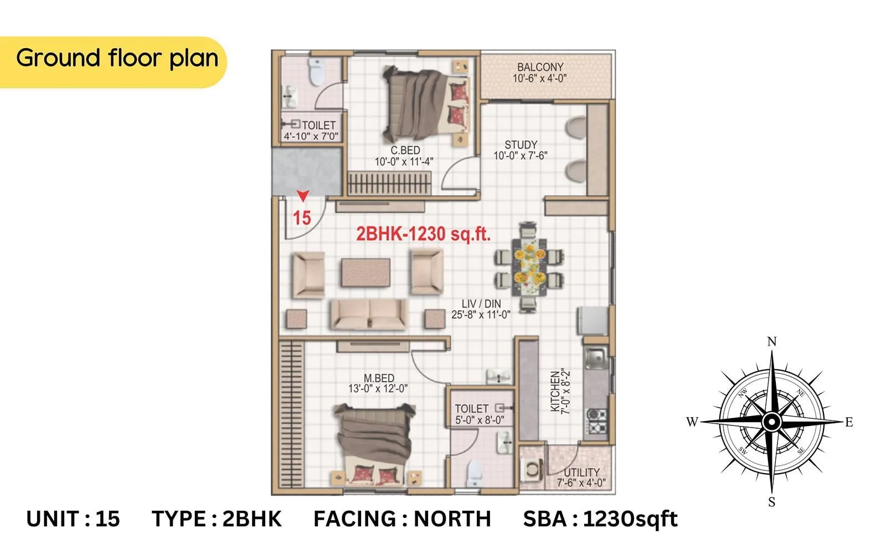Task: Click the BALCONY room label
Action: point(540,66)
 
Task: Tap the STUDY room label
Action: point(521,145)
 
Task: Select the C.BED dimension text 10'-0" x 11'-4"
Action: point(404,162)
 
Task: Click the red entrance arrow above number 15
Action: point(302,196)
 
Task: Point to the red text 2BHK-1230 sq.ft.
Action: point(423,234)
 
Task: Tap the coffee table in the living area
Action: point(365,272)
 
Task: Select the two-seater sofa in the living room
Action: point(369,314)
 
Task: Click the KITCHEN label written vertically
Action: point(555,391)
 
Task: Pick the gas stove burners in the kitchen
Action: point(596,420)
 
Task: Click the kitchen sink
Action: point(595,357)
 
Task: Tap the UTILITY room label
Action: point(581,472)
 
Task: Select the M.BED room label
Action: point(379,378)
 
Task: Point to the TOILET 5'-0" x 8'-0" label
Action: point(480,414)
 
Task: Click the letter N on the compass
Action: point(772,342)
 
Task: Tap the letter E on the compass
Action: point(849,422)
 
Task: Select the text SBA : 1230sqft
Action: point(600,519)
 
